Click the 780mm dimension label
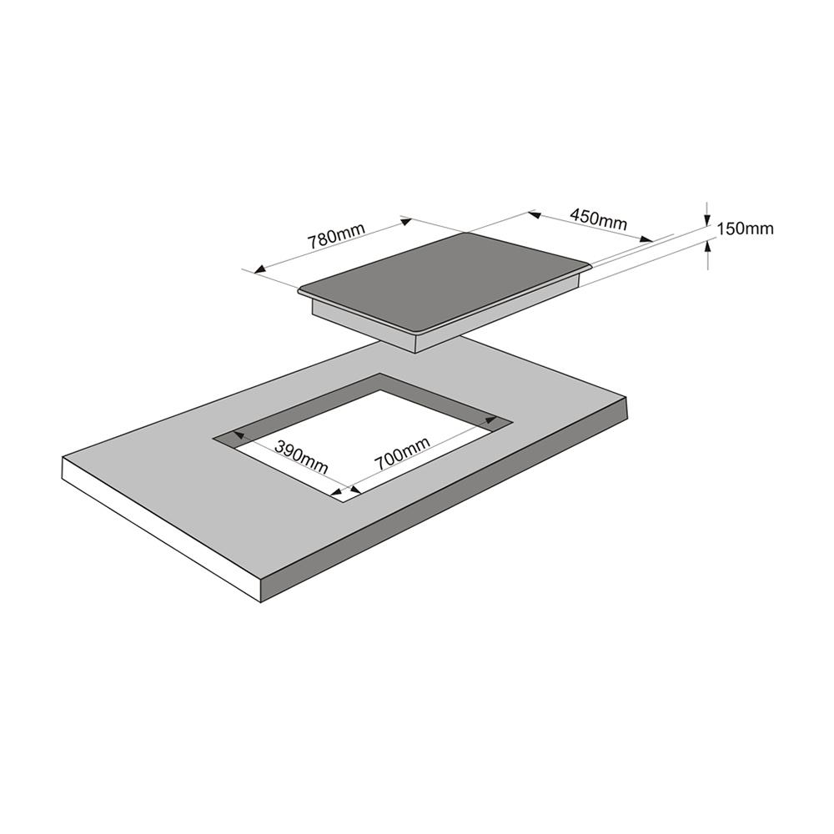point(336,236)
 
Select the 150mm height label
point(745,229)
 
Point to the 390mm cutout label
point(302,457)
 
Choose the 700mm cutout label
point(402,453)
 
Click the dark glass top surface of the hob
point(445,279)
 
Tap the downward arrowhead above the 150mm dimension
point(707,220)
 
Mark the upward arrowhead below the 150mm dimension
point(708,247)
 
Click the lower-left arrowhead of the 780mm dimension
point(260,269)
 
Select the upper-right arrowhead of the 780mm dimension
point(405,221)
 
